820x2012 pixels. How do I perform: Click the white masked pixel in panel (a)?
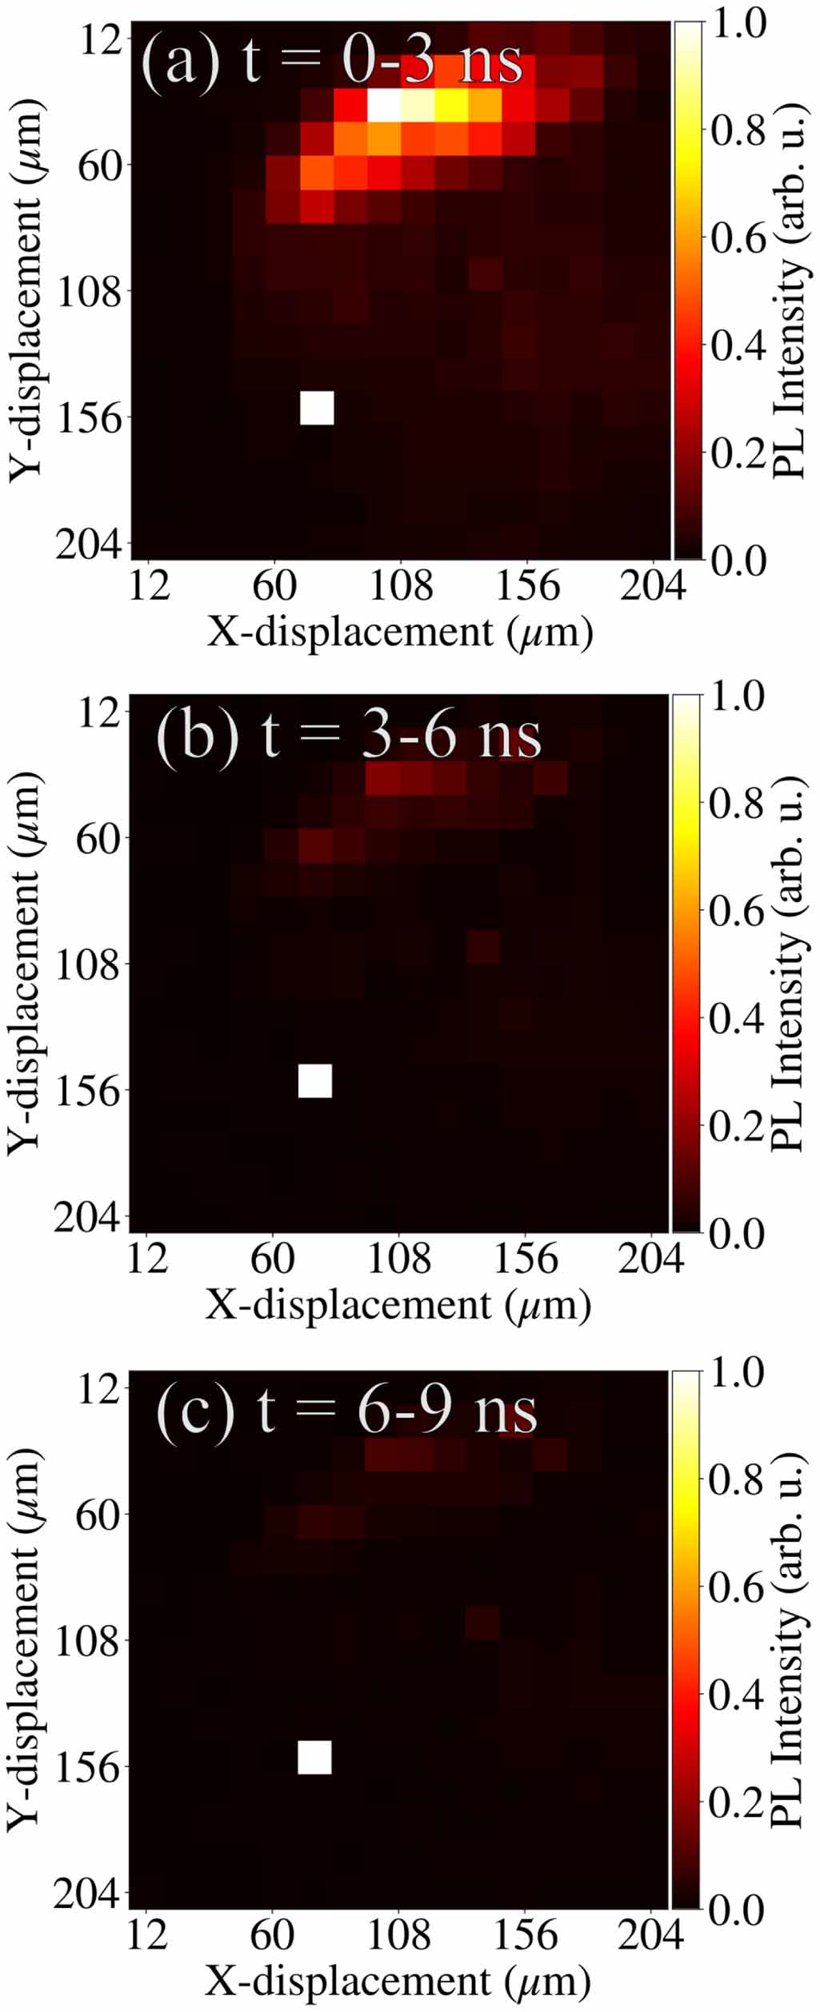[317, 407]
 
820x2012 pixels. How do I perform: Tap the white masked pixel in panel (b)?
[315, 1080]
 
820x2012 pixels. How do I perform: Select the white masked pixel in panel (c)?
[315, 1757]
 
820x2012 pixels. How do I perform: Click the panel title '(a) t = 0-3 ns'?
[332, 62]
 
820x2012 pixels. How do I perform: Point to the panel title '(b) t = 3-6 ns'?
[349, 736]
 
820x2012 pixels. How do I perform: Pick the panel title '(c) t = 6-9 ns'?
[346, 1411]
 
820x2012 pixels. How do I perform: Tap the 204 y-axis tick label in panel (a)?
[89, 545]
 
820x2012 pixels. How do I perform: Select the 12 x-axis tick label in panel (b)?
[147, 1259]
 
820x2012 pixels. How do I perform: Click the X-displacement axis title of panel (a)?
[400, 633]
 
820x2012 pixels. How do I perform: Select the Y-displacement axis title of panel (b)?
[24, 964]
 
